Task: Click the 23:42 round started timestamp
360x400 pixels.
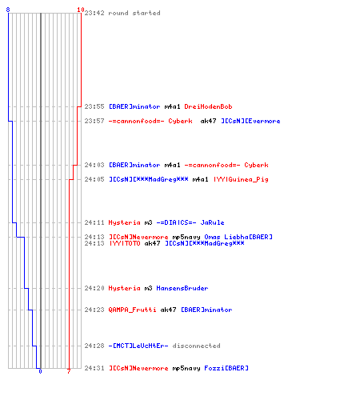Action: tap(94, 13)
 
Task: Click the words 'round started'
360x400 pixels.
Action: tap(134, 13)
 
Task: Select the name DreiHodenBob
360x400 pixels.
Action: tap(208, 106)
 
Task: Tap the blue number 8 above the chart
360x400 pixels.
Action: tap(8, 10)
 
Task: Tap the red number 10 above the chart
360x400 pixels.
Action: tap(81, 10)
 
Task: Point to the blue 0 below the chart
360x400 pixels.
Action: tap(40, 371)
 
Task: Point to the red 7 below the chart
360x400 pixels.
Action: tap(69, 371)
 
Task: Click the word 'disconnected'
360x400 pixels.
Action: tap(196, 346)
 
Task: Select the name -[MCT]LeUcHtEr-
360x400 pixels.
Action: tap(138, 346)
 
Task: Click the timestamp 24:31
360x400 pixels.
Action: tap(94, 368)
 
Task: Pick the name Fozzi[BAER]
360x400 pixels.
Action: tap(226, 368)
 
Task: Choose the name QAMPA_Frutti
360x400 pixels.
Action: tap(132, 310)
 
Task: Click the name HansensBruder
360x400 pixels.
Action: tap(182, 288)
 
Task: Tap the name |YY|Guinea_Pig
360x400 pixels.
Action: tap(241, 179)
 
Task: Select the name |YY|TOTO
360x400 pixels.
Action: tap(125, 243)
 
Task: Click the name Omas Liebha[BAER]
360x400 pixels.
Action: tap(238, 237)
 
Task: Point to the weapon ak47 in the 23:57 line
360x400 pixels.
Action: tap(208, 121)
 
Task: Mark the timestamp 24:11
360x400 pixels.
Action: tap(94, 222)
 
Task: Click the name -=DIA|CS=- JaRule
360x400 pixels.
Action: tap(190, 222)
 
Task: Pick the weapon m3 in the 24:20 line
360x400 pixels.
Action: tap(148, 288)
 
